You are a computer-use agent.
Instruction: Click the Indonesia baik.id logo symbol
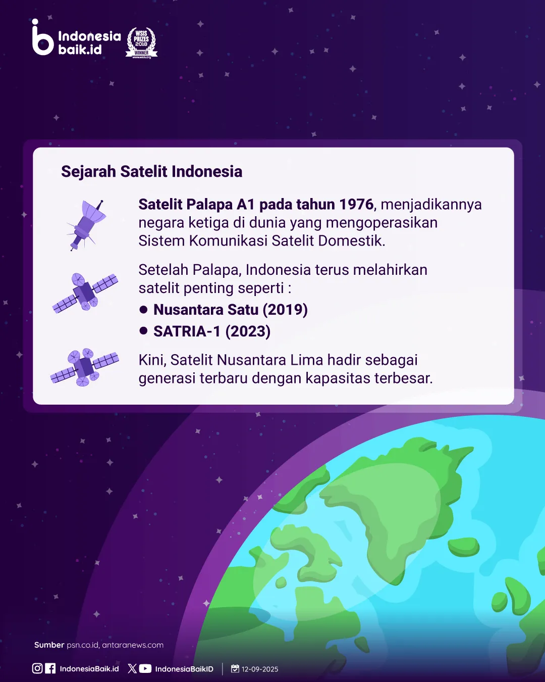(43, 37)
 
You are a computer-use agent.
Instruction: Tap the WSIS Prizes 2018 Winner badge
(141, 43)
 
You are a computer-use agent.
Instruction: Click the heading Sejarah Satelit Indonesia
(152, 171)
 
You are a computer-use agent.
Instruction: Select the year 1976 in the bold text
(356, 205)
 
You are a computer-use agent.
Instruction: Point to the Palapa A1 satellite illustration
(86, 225)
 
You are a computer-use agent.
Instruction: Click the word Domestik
(352, 240)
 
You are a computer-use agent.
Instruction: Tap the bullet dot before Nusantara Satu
(143, 310)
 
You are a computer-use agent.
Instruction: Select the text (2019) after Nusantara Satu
(285, 310)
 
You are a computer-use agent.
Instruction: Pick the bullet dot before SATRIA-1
(143, 331)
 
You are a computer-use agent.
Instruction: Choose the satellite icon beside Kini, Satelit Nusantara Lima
(85, 367)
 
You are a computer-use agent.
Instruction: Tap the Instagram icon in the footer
(37, 668)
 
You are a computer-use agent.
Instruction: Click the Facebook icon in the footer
(50, 668)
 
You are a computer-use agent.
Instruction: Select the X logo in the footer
(132, 669)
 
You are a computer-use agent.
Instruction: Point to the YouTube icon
(145, 669)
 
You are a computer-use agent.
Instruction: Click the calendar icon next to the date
(235, 668)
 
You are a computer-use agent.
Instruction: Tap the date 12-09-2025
(260, 669)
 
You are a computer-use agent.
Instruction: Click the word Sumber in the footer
(49, 645)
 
